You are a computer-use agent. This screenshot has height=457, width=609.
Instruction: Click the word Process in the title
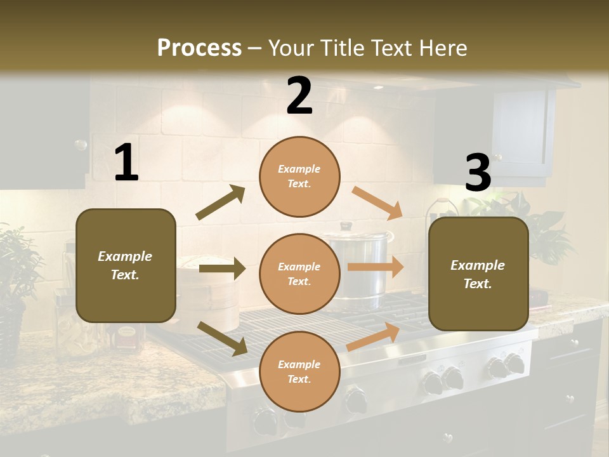(199, 48)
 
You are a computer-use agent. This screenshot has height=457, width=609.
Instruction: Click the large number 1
(126, 162)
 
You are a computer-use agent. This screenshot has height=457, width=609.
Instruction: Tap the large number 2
(299, 96)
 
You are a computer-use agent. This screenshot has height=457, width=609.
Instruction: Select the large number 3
(478, 173)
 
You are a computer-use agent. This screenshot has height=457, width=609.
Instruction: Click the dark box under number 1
(126, 265)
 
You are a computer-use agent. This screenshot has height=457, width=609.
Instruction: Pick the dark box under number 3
(478, 274)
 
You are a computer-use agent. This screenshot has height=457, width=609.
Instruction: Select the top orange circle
(299, 176)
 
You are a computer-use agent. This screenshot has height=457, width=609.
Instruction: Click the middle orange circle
(299, 274)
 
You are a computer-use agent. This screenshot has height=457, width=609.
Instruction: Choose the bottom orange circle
(299, 371)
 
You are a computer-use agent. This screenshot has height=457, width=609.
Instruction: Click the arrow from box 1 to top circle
(221, 202)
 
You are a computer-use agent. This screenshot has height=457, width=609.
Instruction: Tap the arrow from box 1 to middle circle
(222, 268)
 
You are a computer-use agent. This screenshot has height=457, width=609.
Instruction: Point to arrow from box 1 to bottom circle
(222, 338)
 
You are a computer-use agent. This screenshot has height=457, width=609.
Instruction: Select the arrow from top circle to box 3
(377, 202)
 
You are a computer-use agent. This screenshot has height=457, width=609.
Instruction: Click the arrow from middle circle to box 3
(376, 267)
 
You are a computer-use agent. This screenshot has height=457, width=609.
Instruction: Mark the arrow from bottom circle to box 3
(373, 337)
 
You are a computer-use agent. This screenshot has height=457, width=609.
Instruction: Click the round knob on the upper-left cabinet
(81, 145)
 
